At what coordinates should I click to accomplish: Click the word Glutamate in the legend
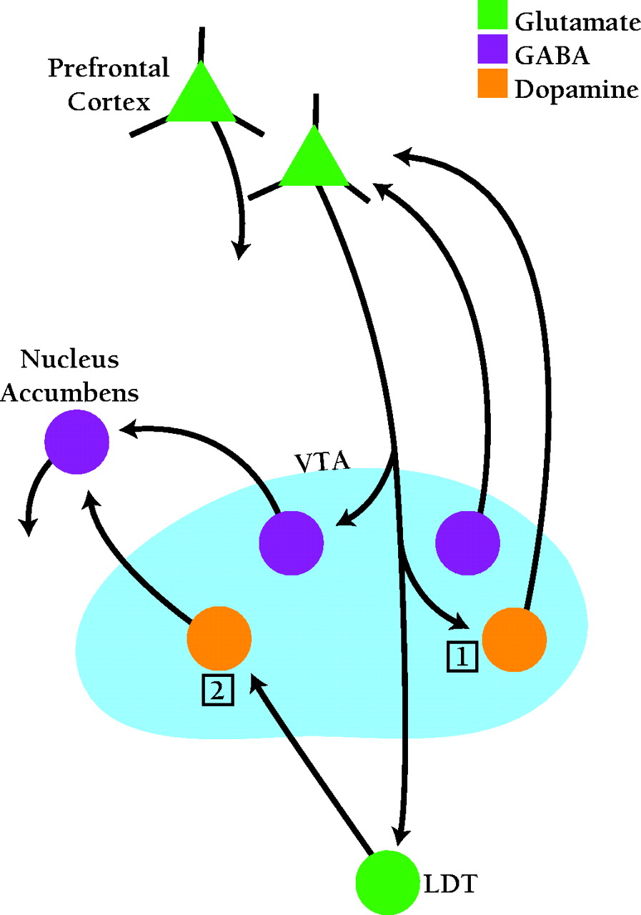[x=577, y=22]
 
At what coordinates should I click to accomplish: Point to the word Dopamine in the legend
[x=576, y=89]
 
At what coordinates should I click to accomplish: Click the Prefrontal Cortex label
[x=108, y=85]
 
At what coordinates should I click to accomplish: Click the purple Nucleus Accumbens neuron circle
[x=76, y=442]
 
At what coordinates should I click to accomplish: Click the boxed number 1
[x=462, y=657]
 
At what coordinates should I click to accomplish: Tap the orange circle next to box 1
[x=515, y=639]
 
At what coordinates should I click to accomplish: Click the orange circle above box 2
[x=219, y=638]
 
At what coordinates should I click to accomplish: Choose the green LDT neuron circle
[x=388, y=882]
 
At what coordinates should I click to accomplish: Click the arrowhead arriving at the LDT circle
[x=402, y=836]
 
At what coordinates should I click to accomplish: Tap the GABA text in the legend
[x=552, y=56]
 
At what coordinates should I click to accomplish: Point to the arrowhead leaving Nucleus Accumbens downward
[x=28, y=527]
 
